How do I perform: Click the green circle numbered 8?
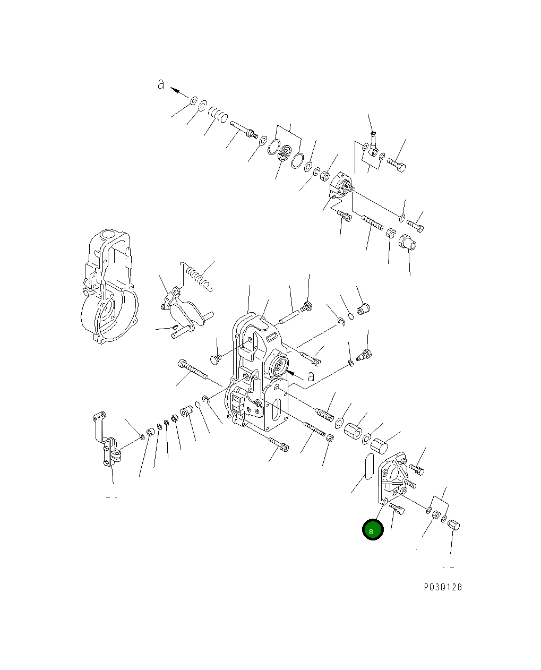tap(372, 530)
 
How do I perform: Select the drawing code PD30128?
tap(443, 587)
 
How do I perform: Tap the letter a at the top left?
tap(161, 84)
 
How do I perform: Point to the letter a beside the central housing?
tap(311, 376)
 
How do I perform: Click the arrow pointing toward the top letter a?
tap(180, 92)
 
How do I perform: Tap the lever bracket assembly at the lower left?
tap(109, 443)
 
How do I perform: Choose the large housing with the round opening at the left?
tap(109, 287)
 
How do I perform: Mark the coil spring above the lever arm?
tap(197, 276)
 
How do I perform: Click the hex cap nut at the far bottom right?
tap(454, 525)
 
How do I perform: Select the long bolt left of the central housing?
tap(194, 370)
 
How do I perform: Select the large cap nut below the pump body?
tap(408, 243)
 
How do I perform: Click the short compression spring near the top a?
tap(218, 114)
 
